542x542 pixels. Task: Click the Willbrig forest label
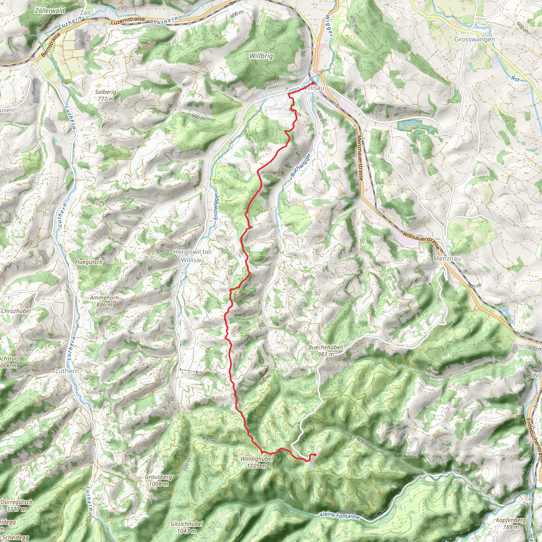(x=261, y=56)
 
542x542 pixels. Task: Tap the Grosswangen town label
(x=475, y=39)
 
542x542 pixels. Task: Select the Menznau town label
(x=447, y=258)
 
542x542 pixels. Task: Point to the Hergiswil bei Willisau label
(x=192, y=256)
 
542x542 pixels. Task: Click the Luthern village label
(x=67, y=371)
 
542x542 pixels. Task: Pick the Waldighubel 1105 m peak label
(x=256, y=462)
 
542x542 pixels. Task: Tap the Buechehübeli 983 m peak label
(x=326, y=351)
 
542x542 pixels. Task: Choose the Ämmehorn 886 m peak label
(x=104, y=301)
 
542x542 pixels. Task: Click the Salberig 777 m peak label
(x=106, y=95)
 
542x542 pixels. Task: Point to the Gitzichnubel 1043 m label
(x=187, y=527)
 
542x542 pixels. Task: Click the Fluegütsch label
(x=89, y=262)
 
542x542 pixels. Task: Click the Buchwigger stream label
(x=301, y=165)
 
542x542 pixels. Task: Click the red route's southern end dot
(x=315, y=455)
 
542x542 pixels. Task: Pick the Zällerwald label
(x=50, y=11)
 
